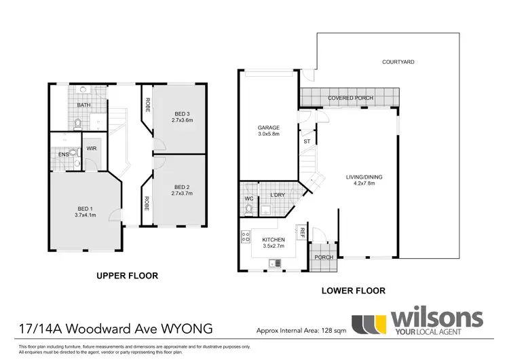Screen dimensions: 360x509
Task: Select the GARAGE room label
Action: point(269,127)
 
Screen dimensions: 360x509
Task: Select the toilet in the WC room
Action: point(249,208)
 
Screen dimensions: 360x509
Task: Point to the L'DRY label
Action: point(276,196)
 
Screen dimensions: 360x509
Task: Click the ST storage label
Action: point(307,141)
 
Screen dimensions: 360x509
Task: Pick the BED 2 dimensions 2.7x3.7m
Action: point(183,194)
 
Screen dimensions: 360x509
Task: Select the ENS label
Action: point(62,154)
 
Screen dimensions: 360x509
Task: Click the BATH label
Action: point(83,105)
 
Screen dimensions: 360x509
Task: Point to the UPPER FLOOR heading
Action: point(127,276)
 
